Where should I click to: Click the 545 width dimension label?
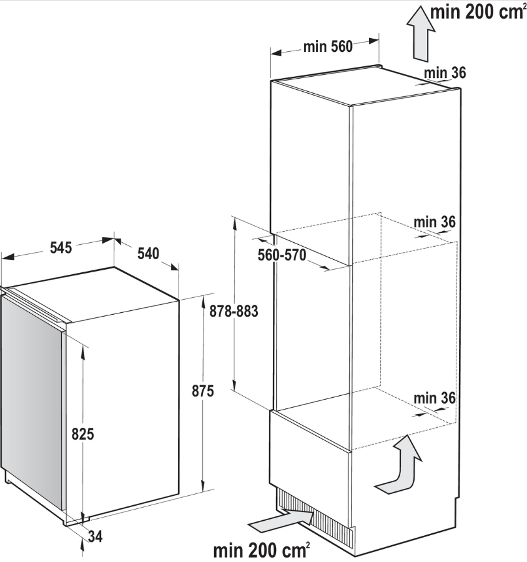(61, 248)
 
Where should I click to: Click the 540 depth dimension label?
(148, 254)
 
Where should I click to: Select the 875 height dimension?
(203, 391)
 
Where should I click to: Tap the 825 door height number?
(83, 434)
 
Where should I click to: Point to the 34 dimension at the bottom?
(96, 536)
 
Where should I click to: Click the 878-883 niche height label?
(234, 311)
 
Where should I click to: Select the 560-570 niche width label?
(282, 255)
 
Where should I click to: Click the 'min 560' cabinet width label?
(328, 47)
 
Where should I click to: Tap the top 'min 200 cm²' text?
(478, 12)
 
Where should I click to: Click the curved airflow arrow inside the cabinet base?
(398, 465)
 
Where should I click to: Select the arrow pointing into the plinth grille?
(282, 520)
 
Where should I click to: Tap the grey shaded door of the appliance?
(31, 402)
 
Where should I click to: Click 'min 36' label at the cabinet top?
(445, 73)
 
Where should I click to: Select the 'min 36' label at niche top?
(435, 222)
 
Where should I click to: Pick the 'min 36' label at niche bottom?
(435, 398)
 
